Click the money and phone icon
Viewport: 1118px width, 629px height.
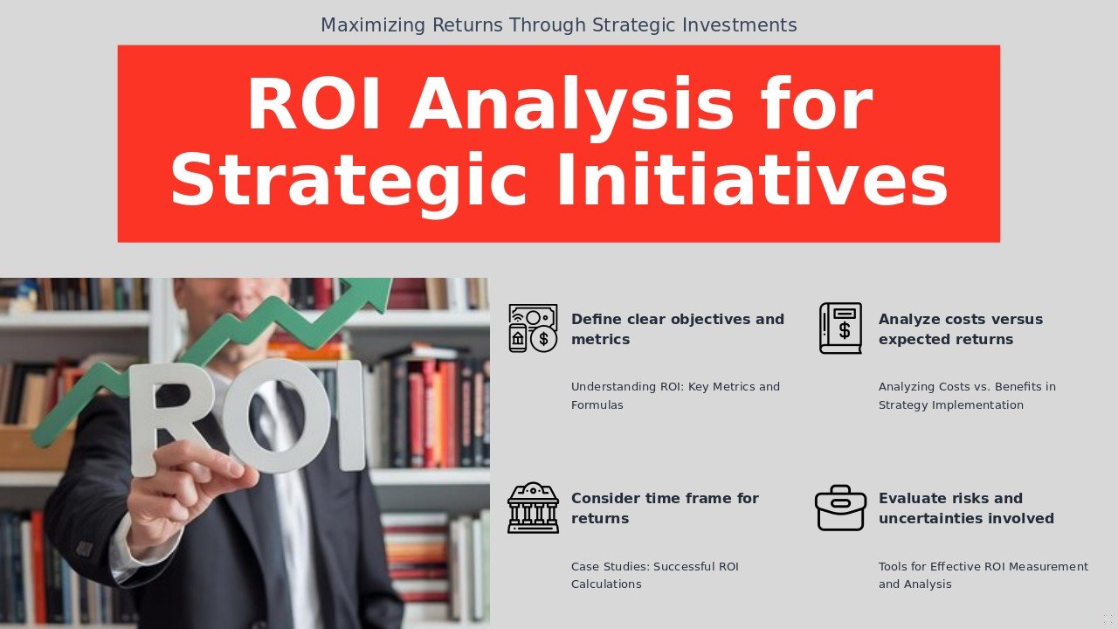[533, 328]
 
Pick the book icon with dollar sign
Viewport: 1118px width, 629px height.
[840, 328]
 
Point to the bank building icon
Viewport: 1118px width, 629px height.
[533, 508]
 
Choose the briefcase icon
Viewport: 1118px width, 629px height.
[840, 508]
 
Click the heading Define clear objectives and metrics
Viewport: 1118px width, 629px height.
[677, 329]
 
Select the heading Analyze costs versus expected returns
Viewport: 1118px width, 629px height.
[960, 329]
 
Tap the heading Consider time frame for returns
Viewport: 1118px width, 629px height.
[665, 508]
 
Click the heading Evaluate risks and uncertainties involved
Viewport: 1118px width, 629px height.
[965, 508]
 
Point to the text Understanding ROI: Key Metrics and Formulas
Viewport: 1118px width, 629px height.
[675, 396]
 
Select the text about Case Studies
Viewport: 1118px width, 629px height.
[654, 575]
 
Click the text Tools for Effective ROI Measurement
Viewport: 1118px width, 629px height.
[983, 575]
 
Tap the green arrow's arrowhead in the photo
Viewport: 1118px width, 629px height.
[371, 293]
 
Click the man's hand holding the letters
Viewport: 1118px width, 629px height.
[188, 489]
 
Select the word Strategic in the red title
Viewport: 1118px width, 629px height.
[349, 181]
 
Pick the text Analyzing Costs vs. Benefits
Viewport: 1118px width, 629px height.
[966, 396]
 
